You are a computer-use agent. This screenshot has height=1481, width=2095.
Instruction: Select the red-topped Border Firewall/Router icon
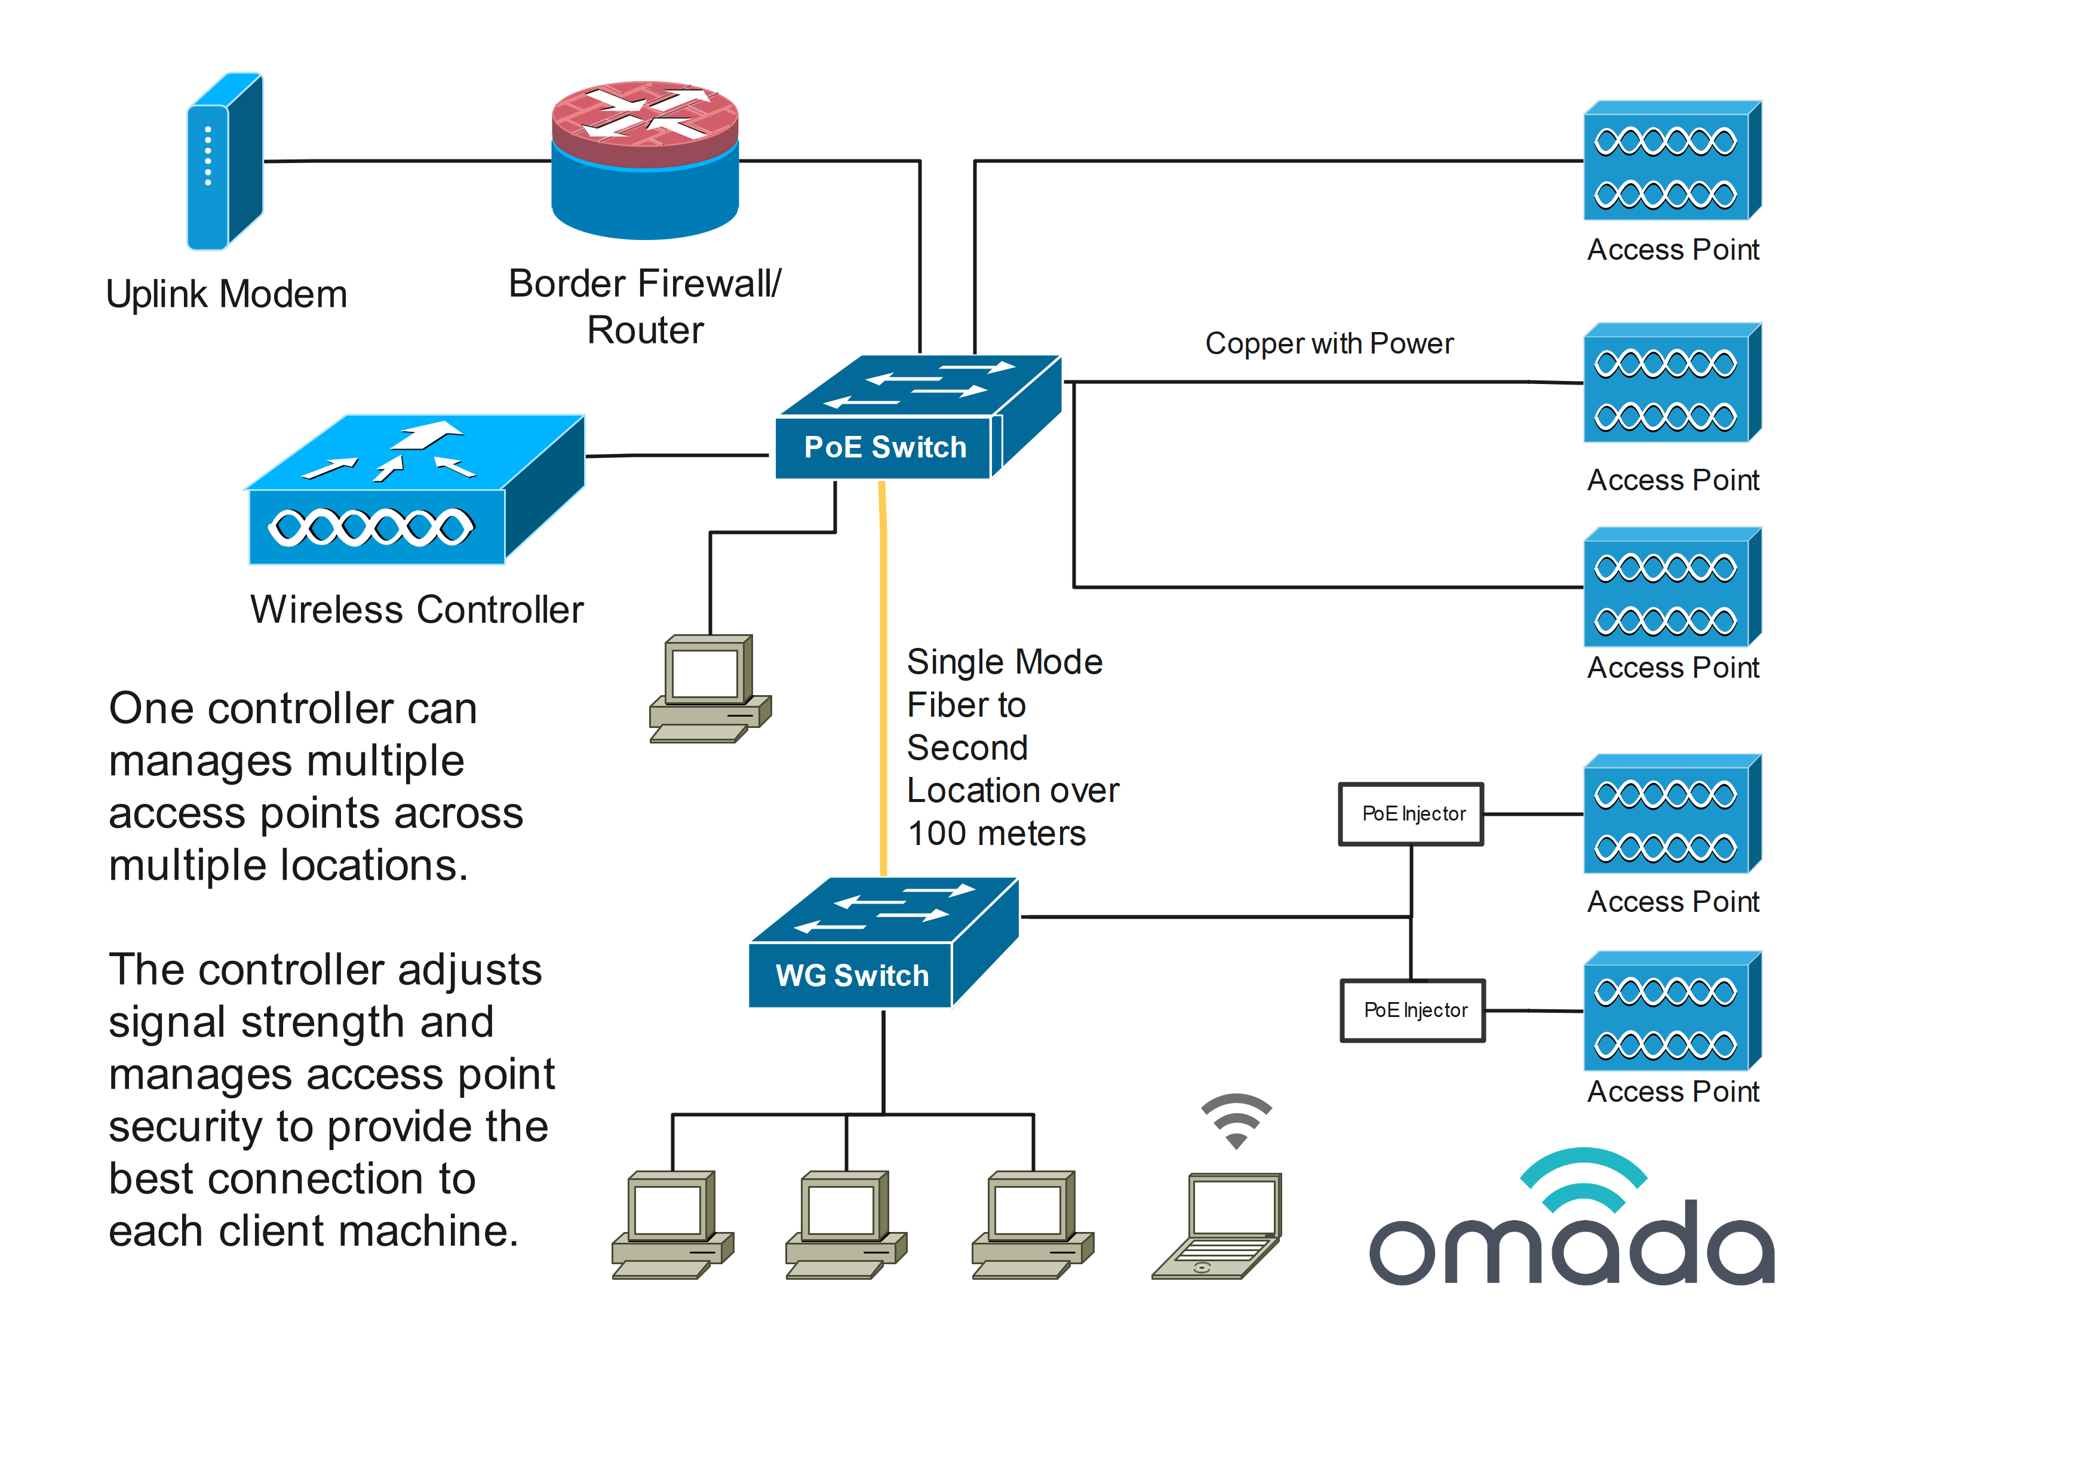645,159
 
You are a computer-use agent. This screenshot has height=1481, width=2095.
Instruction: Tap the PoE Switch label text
884,447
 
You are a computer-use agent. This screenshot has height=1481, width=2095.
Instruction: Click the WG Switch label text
852,975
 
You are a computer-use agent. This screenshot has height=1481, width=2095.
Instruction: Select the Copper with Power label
1329,344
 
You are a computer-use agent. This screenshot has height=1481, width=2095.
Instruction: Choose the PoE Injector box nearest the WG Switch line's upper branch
1412,814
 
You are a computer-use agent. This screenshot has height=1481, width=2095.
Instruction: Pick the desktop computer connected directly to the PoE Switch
710,689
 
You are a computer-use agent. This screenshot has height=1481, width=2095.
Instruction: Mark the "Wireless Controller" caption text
416,610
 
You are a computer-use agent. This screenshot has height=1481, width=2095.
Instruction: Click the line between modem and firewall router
407,161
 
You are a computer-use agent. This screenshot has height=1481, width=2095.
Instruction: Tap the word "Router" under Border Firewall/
645,330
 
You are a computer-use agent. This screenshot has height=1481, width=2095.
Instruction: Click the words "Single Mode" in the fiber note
1005,662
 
